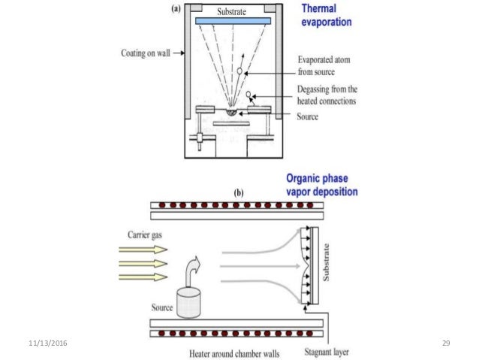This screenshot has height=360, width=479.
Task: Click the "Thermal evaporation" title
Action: pyautogui.click(x=325, y=16)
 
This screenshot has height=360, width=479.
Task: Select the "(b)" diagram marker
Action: pyautogui.click(x=239, y=192)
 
